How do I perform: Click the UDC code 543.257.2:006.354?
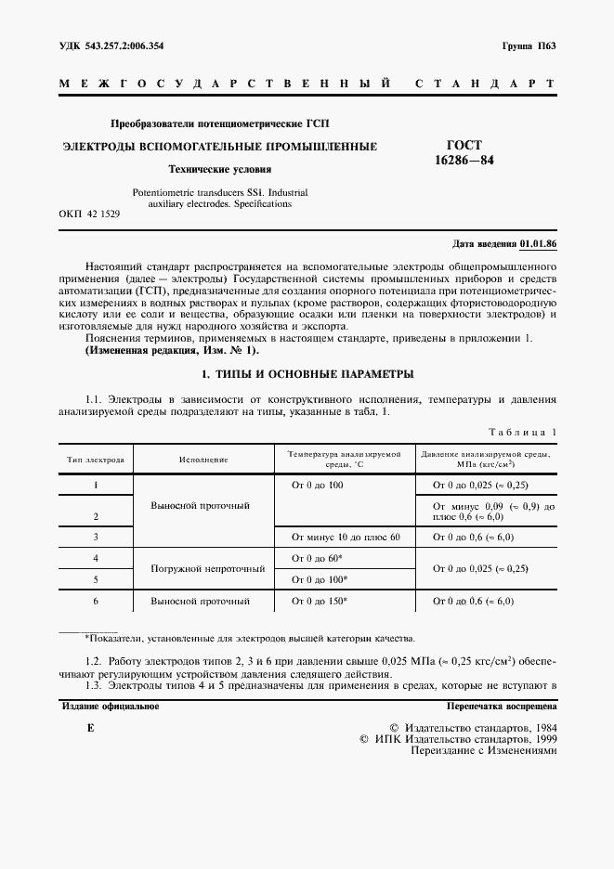click(x=111, y=45)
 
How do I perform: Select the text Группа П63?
click(x=528, y=45)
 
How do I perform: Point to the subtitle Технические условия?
click(x=219, y=169)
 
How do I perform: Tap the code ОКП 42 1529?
click(x=88, y=214)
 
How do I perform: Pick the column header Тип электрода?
click(x=97, y=459)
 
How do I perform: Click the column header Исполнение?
click(x=204, y=459)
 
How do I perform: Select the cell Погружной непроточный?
click(x=204, y=568)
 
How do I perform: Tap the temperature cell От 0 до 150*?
click(x=319, y=602)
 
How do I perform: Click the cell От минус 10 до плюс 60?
click(x=345, y=537)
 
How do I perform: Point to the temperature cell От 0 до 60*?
click(x=316, y=558)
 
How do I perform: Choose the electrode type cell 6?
click(x=97, y=602)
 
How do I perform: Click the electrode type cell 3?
click(x=97, y=537)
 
